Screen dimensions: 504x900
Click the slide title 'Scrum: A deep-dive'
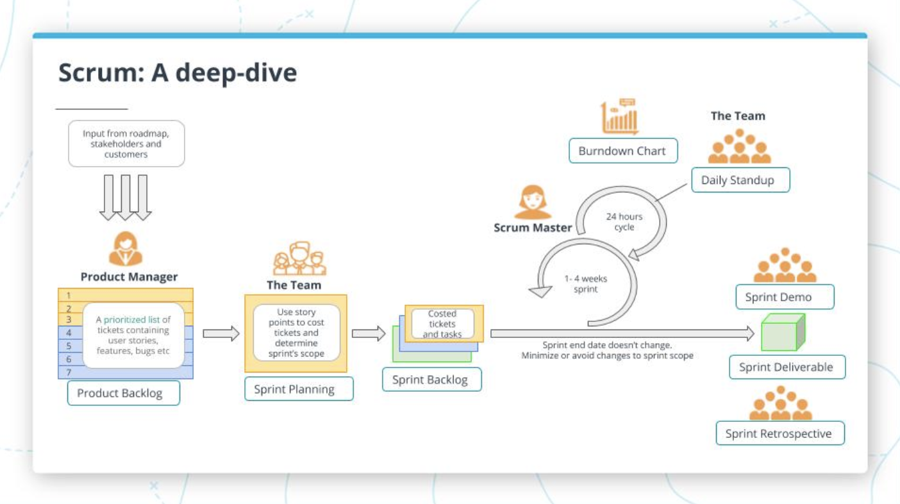[x=178, y=73]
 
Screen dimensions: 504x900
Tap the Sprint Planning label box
[x=299, y=389]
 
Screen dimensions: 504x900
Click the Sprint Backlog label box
[x=431, y=380]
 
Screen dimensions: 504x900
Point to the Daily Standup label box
[x=740, y=180]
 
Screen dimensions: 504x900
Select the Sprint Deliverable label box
[x=787, y=367]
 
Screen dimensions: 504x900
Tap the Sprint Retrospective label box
[x=780, y=433]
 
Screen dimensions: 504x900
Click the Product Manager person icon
[x=126, y=249]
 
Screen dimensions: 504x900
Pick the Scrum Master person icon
[x=533, y=202]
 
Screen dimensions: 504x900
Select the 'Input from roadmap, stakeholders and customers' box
[x=126, y=144]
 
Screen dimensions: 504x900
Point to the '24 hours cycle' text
[x=624, y=222]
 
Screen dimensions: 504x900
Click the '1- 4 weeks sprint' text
[x=585, y=284]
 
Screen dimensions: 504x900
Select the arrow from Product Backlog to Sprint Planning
[x=221, y=333]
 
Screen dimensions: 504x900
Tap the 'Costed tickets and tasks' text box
[x=442, y=324]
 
